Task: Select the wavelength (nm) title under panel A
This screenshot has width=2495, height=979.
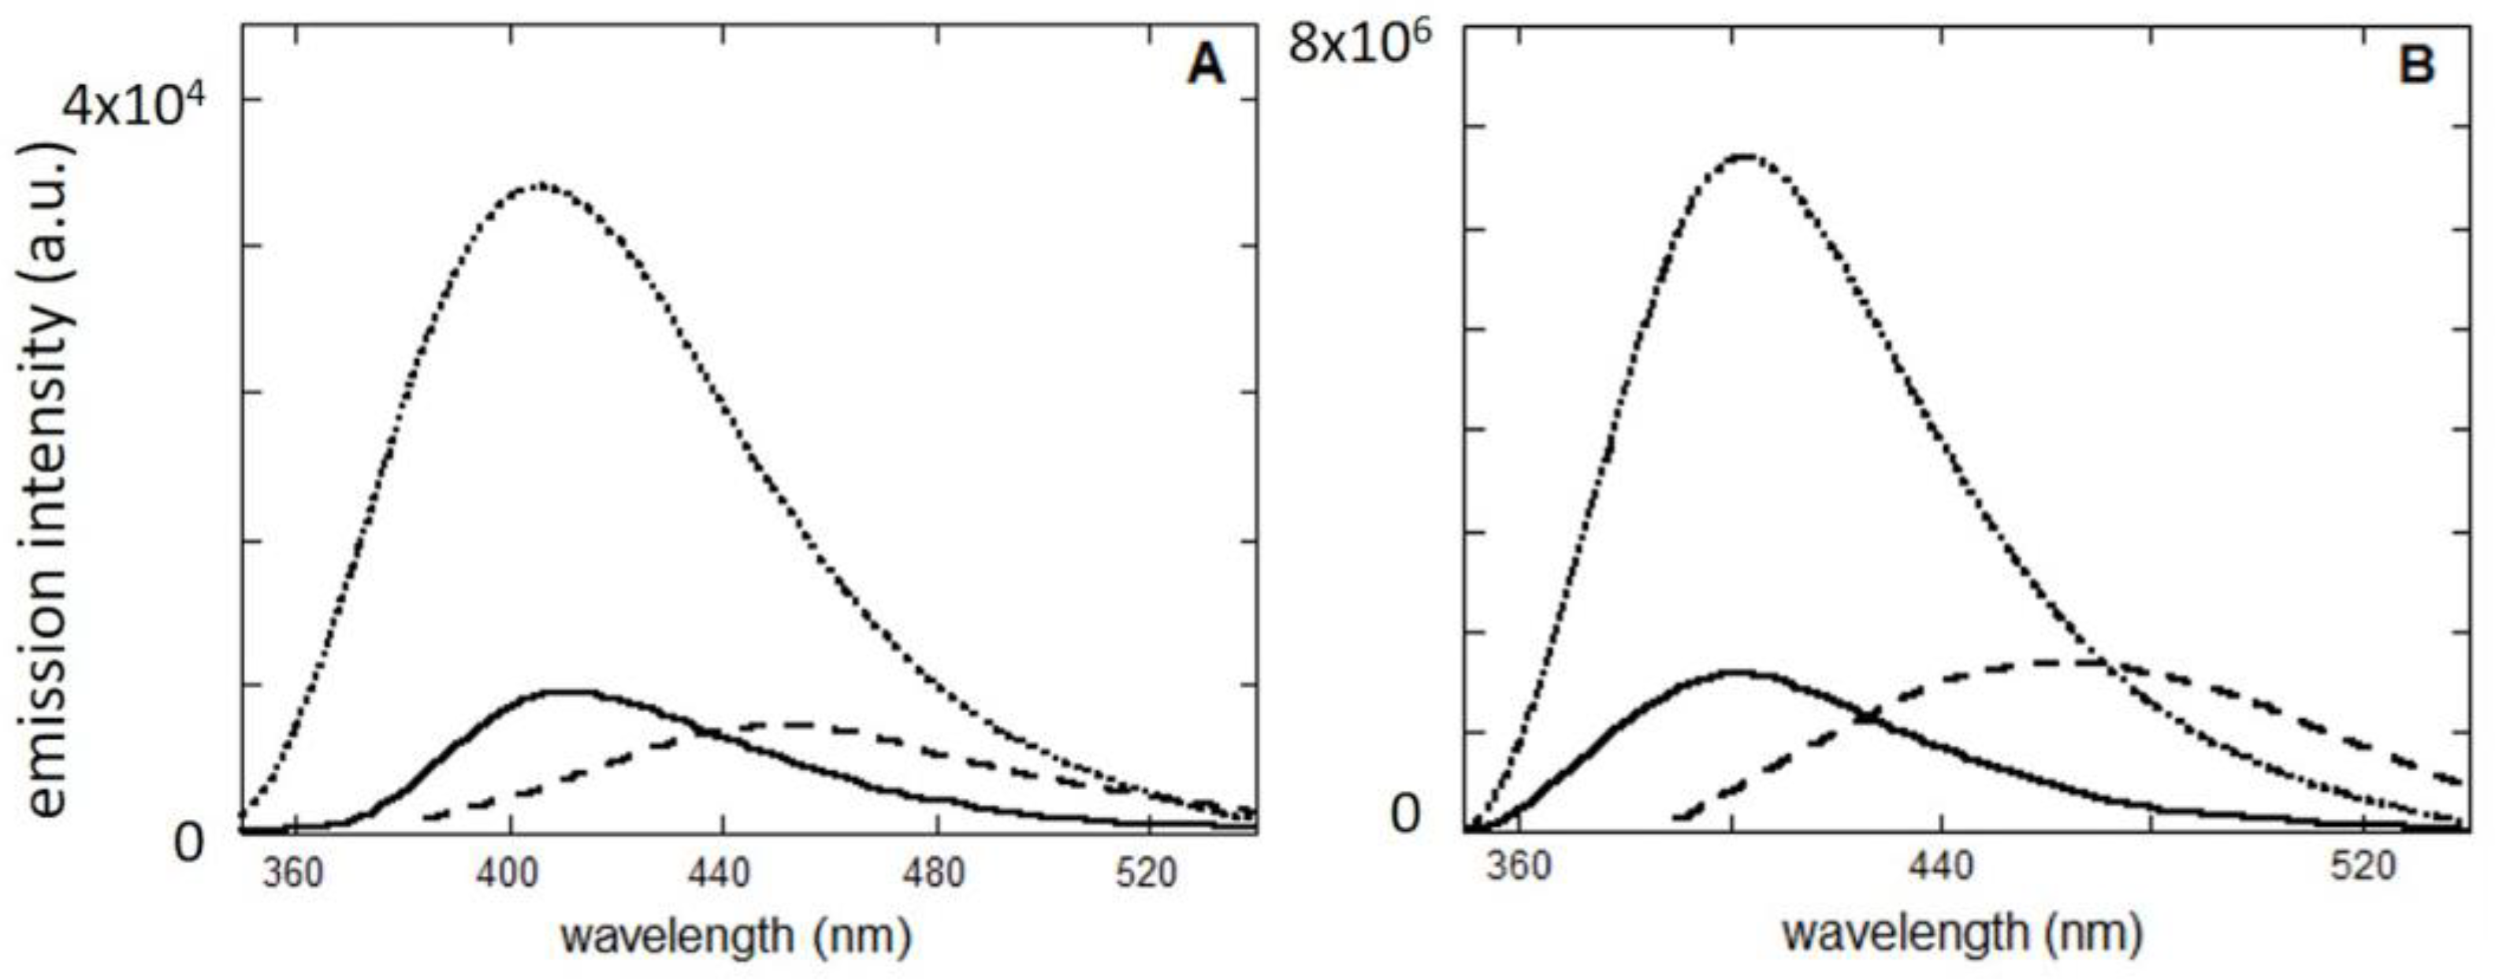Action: (x=737, y=936)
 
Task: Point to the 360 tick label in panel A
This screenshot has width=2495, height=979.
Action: (x=293, y=874)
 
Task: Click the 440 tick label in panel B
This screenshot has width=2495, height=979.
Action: (x=1942, y=865)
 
